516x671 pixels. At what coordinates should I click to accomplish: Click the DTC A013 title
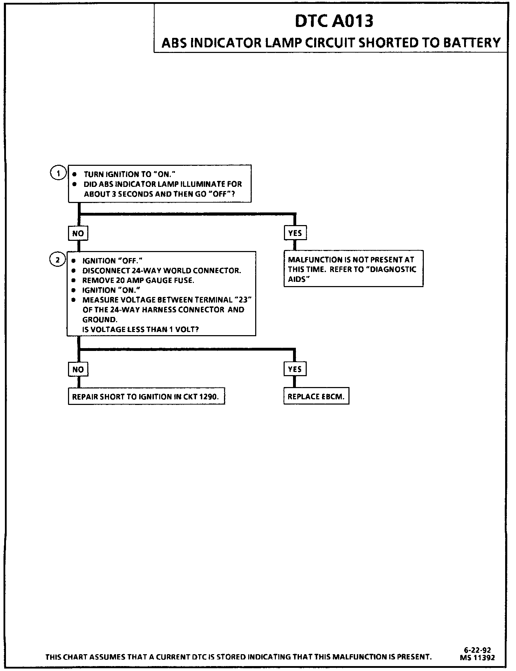click(x=334, y=21)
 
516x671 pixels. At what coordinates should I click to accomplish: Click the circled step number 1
click(x=59, y=173)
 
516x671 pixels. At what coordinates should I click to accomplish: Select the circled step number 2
click(x=58, y=260)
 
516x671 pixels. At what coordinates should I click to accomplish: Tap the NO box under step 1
click(x=78, y=233)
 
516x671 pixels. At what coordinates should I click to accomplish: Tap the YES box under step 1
click(x=295, y=233)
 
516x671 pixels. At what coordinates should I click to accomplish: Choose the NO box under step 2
click(x=78, y=369)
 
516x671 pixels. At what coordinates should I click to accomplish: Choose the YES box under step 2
click(x=295, y=369)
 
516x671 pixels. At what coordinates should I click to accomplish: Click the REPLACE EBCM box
click(x=316, y=397)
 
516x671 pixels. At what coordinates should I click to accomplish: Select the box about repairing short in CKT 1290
click(x=146, y=397)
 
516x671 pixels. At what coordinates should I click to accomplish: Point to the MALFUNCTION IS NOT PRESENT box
click(x=353, y=269)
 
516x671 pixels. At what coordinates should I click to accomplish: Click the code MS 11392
click(x=477, y=658)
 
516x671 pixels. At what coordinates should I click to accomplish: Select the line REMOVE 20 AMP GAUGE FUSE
click(x=138, y=280)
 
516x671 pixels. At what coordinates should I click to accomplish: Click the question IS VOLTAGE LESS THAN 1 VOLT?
click(x=140, y=330)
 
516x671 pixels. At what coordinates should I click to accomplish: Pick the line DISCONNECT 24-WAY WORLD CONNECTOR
click(x=162, y=271)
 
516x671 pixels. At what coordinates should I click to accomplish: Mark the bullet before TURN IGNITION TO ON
click(x=74, y=174)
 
